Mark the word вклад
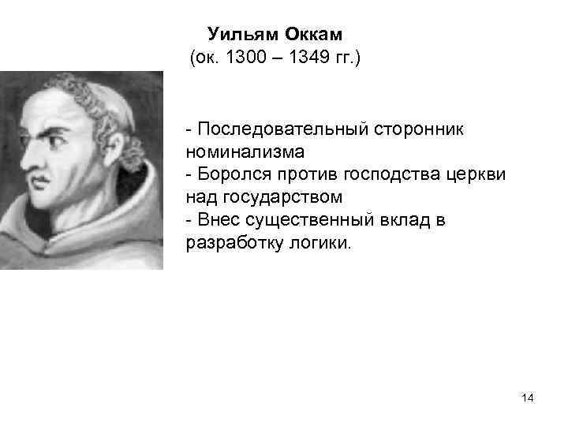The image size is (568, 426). click(404, 219)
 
